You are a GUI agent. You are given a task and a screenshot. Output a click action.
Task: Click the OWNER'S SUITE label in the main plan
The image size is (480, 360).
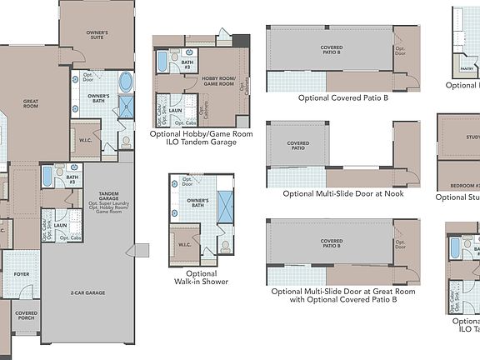click(97, 33)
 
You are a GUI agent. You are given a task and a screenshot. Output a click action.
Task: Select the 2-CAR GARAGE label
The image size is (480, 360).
click(87, 293)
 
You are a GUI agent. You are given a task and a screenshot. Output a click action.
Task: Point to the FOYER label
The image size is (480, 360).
click(22, 273)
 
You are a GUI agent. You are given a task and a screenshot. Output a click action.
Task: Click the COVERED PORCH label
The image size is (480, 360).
click(26, 316)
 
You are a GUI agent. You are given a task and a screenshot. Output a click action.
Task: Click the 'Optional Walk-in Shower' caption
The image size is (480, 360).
click(202, 277)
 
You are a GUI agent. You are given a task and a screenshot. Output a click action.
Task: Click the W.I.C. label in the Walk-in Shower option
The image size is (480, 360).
click(186, 245)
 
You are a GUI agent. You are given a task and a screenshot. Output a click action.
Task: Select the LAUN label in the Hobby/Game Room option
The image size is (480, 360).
click(176, 109)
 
